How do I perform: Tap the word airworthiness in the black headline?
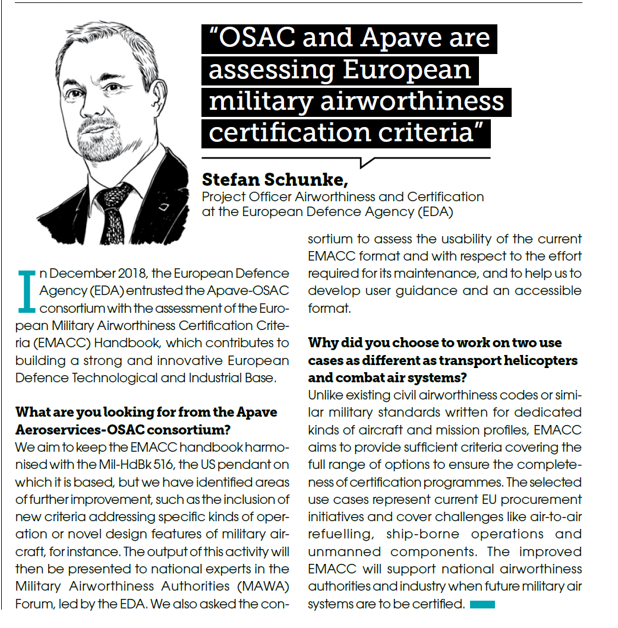(411, 101)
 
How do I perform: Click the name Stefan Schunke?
(275, 180)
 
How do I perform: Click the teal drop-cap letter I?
(26, 290)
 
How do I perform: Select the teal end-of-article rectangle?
(482, 604)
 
